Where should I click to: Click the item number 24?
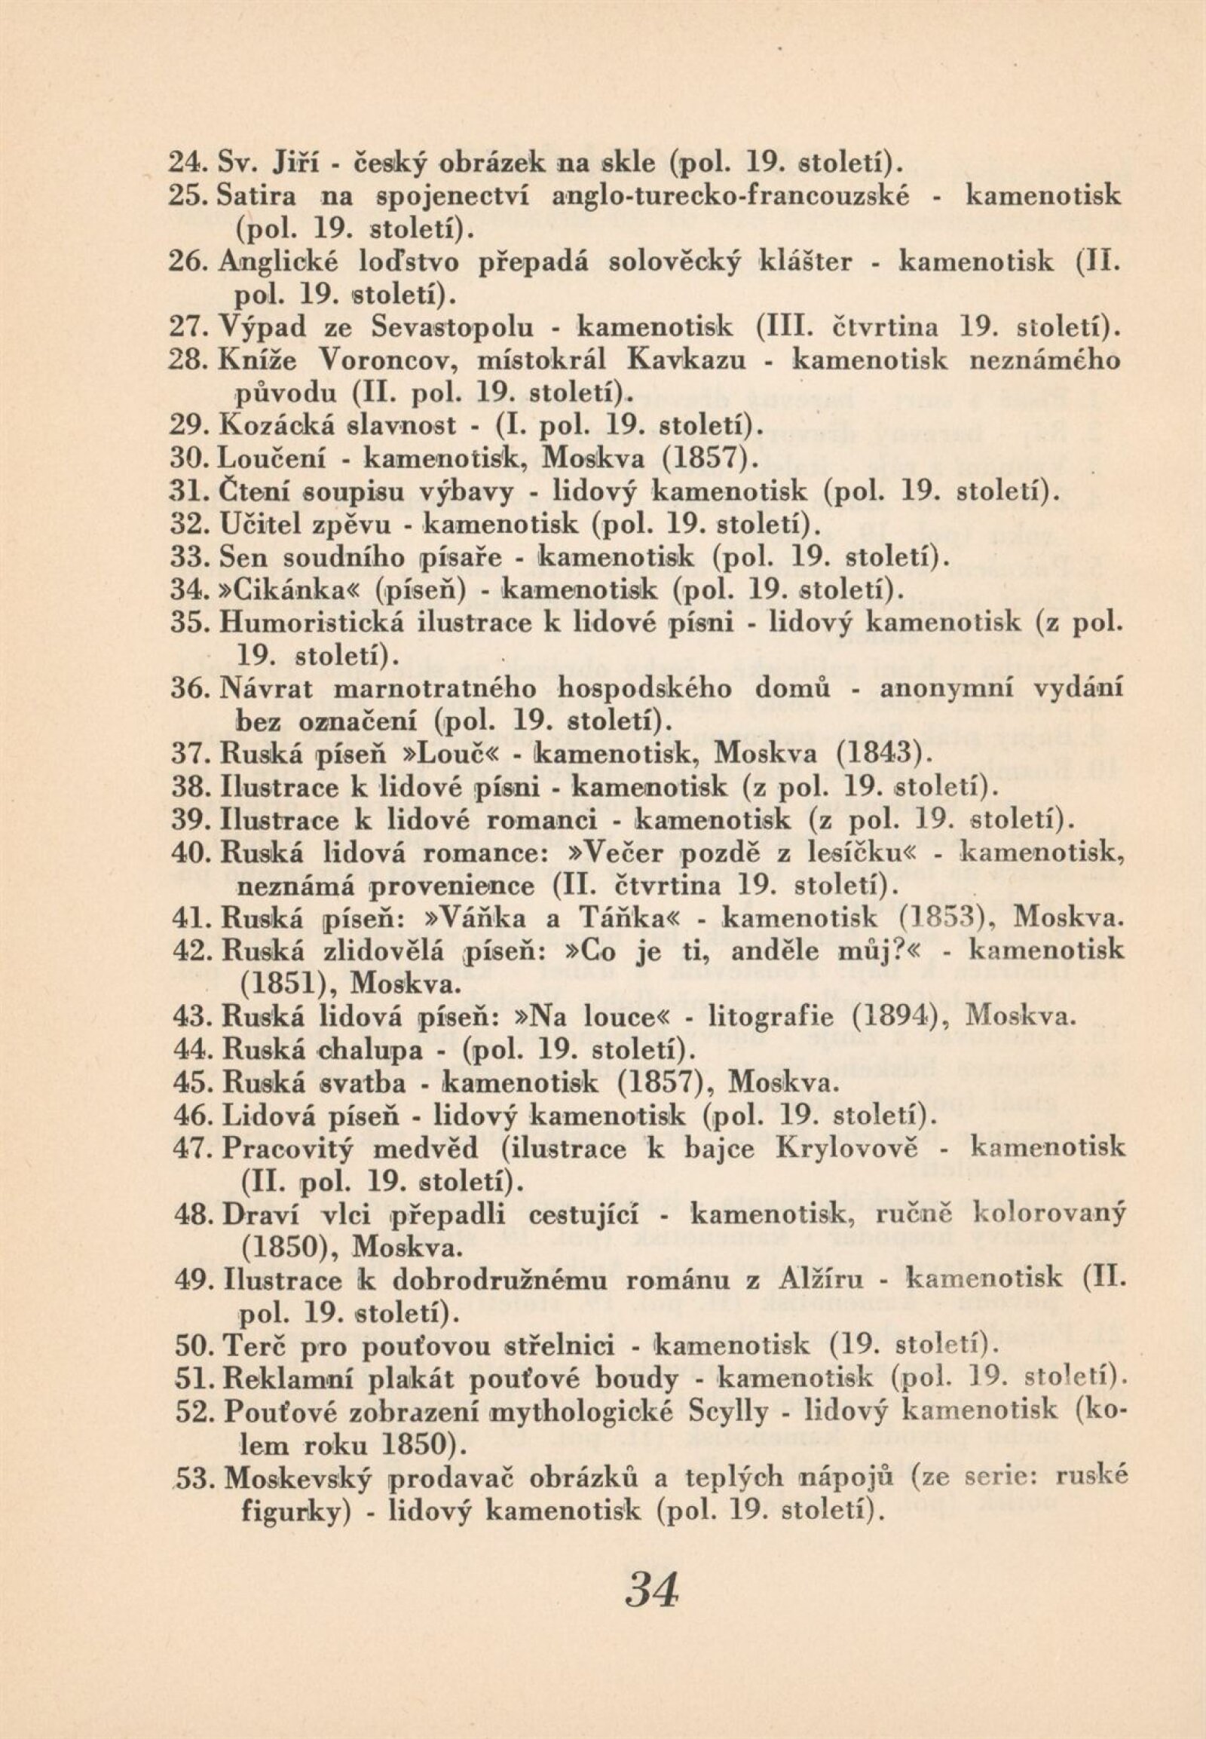point(182,163)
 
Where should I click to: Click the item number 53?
point(202,1477)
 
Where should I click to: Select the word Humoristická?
point(312,621)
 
